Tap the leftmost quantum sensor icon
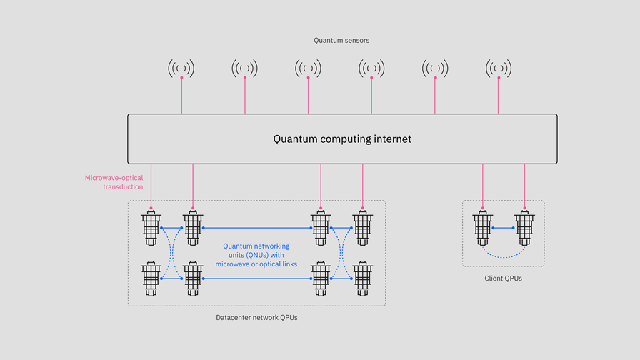tap(181, 69)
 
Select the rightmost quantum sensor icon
tap(498, 69)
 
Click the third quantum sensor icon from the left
tap(308, 69)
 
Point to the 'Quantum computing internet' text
tap(342, 139)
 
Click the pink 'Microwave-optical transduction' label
tap(114, 182)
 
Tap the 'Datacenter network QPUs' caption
tap(256, 317)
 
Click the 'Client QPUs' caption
tap(503, 278)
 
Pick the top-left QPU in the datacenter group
tap(151, 228)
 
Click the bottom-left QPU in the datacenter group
tap(151, 279)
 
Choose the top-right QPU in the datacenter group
tap(363, 228)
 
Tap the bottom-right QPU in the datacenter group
tap(363, 279)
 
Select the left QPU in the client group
tap(483, 228)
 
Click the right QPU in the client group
tap(525, 228)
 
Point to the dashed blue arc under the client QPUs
tap(504, 256)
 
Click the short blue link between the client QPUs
tap(504, 228)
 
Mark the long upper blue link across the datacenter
tap(257, 228)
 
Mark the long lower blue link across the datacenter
tap(257, 279)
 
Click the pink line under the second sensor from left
tap(245, 96)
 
